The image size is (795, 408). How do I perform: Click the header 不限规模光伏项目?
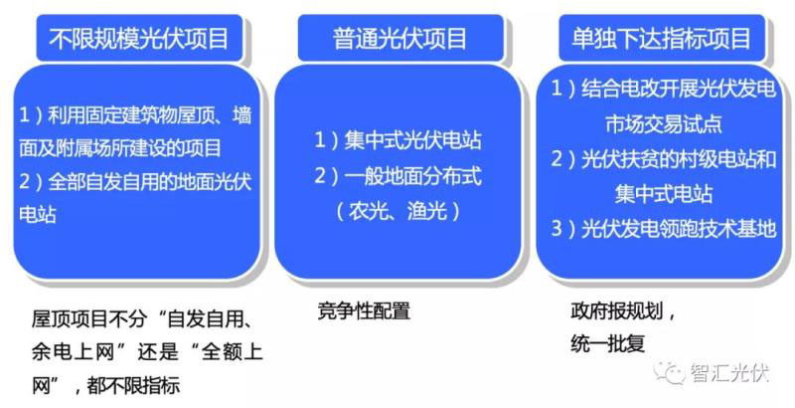point(139,39)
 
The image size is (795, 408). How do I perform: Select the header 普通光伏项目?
point(399,39)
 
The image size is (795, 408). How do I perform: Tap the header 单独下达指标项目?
point(661,39)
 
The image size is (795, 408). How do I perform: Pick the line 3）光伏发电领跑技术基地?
point(664,230)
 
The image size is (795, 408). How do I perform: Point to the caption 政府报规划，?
point(623,310)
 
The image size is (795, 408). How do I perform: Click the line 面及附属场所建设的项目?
point(119,148)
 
